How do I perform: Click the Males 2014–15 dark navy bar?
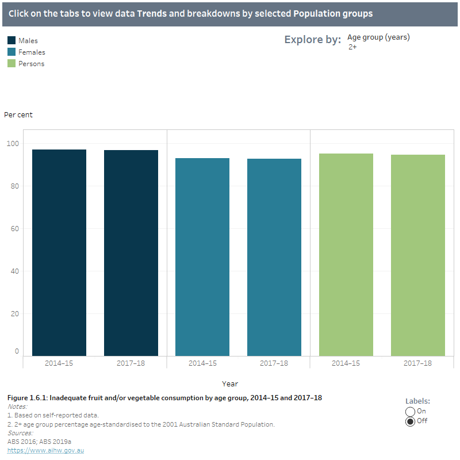(59, 253)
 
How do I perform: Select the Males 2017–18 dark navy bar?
(131, 253)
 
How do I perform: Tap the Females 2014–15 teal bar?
(202, 257)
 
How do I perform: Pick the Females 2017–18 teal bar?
(274, 257)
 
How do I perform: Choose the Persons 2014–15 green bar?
(346, 255)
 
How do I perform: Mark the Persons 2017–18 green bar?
(418, 255)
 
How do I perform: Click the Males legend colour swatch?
(11, 41)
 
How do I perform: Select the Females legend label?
(32, 52)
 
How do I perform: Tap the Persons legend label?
(31, 64)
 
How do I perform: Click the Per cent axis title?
(18, 115)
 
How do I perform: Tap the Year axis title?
(230, 384)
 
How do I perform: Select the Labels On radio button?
(411, 411)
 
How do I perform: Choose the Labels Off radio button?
(411, 421)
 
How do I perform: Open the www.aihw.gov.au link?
(45, 450)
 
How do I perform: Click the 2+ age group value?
(352, 47)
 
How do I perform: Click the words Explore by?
(312, 40)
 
